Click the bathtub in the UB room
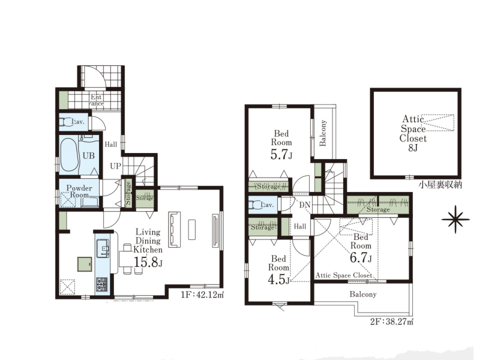click(69, 156)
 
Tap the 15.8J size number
click(148, 262)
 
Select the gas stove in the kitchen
click(102, 284)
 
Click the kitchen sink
click(103, 248)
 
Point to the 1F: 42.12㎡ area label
click(202, 295)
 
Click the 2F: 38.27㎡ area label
click(392, 322)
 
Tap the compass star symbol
click(455, 219)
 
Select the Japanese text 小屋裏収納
click(440, 185)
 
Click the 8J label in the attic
click(413, 148)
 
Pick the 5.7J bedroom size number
click(281, 155)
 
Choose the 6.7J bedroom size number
click(361, 258)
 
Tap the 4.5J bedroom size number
click(278, 280)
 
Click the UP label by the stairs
click(115, 166)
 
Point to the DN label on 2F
click(305, 205)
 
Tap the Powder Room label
click(79, 191)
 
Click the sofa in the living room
click(175, 229)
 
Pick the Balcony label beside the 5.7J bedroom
click(323, 133)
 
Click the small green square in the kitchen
click(85, 264)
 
